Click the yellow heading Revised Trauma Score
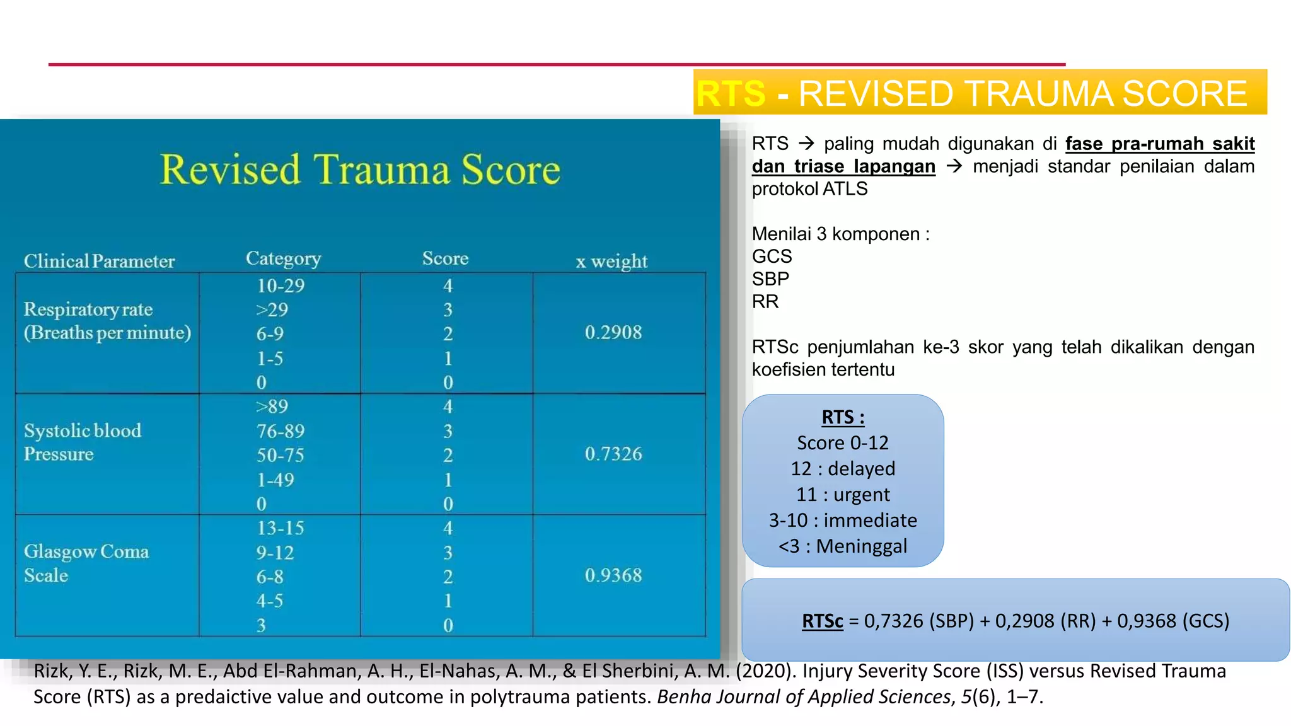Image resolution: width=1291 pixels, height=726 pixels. [360, 170]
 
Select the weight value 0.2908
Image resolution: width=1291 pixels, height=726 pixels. [613, 332]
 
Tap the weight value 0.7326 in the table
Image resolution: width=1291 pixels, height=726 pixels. [613, 454]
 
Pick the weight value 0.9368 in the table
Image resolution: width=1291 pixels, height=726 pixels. [613, 575]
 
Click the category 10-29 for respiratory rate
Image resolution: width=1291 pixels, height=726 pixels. [280, 285]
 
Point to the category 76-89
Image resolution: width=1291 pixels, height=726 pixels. [280, 431]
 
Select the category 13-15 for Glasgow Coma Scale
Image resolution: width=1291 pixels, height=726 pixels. [280, 527]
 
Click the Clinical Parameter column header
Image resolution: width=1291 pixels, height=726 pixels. [99, 261]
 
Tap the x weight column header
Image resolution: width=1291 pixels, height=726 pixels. [611, 261]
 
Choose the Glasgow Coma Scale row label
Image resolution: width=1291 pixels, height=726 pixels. [86, 563]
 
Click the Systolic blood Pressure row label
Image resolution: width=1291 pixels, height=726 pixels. [82, 442]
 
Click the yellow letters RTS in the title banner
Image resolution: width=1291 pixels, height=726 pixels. [731, 93]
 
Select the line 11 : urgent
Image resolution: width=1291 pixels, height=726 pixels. [843, 494]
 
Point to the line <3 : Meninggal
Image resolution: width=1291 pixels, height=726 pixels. [843, 546]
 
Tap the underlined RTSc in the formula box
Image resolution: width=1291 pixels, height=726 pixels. [822, 621]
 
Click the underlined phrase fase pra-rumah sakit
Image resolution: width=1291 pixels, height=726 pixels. [1159, 144]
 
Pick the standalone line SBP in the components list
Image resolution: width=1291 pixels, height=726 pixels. [770, 279]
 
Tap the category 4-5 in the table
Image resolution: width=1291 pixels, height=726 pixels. [269, 601]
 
